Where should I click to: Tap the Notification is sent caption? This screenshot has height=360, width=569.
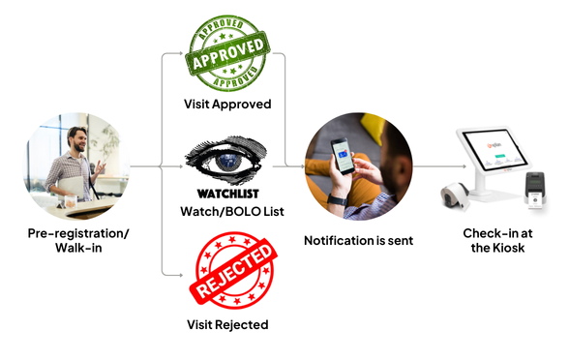pos(356,240)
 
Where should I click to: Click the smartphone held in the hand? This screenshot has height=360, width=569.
pos(341,158)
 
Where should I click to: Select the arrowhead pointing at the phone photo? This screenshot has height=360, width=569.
pos(300,166)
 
